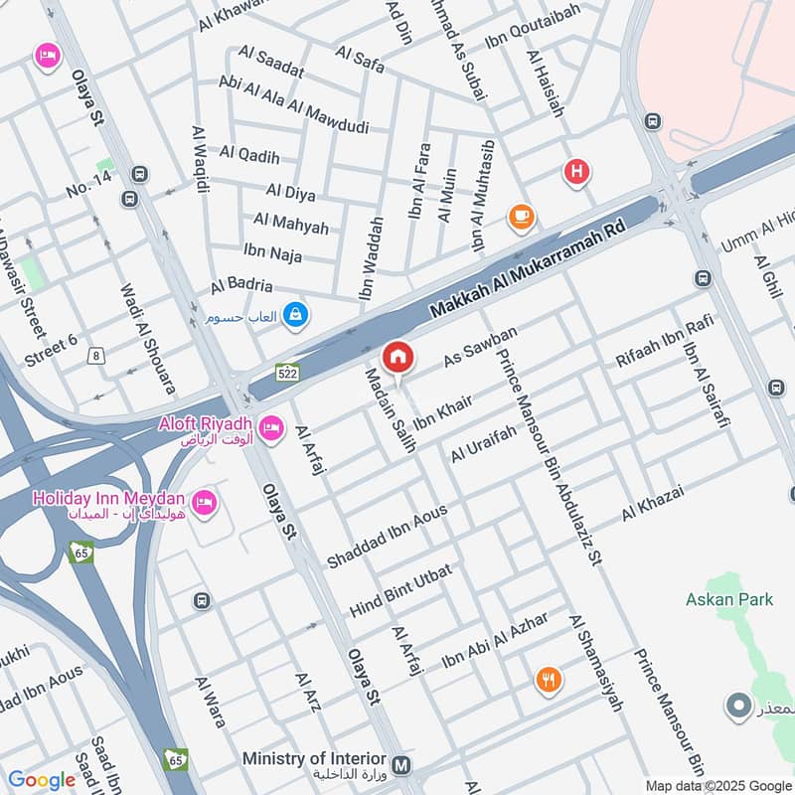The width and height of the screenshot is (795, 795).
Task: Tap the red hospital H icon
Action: pos(576,173)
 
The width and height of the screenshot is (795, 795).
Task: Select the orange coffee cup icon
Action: pos(520,216)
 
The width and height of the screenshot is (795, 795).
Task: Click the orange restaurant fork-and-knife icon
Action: pos(548,681)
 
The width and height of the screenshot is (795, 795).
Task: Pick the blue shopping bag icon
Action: pos(295,317)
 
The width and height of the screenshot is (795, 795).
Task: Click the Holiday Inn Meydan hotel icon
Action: pos(205,503)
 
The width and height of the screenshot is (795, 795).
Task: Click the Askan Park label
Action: pos(722,599)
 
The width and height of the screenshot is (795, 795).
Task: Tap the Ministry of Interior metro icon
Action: pos(401,765)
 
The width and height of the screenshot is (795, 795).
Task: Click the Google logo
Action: pos(42,780)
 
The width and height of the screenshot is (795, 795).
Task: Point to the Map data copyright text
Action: pos(716,786)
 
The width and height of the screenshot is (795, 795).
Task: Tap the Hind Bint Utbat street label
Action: pos(400,590)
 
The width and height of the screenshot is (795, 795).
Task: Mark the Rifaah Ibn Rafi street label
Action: pos(651,340)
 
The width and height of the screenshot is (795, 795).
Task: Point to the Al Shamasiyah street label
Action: pos(596,663)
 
